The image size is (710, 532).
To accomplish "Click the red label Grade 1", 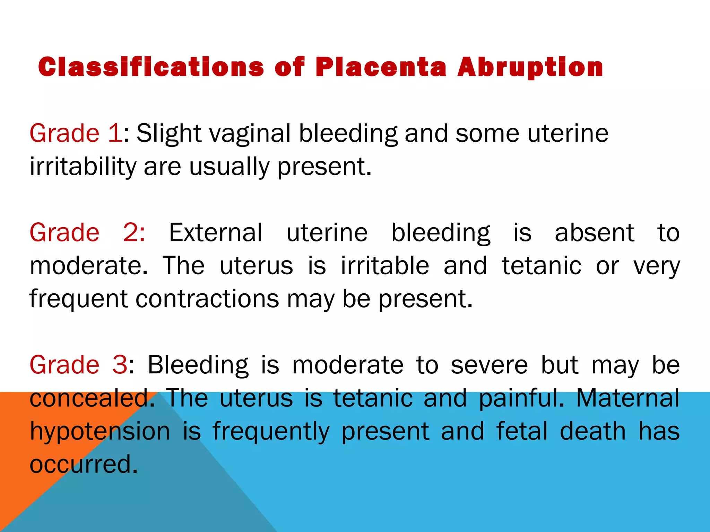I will pyautogui.click(x=76, y=133).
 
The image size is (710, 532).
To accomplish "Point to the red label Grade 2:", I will pyautogui.click(x=87, y=232).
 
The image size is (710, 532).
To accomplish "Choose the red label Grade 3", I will pyautogui.click(x=79, y=365).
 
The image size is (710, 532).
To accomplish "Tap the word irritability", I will pyautogui.click(x=83, y=167).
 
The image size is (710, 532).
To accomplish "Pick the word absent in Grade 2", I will pyautogui.click(x=594, y=232).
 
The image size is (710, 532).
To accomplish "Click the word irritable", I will pyautogui.click(x=385, y=266).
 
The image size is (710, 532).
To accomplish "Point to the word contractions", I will pyautogui.click(x=207, y=299).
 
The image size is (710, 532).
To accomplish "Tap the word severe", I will pyautogui.click(x=489, y=365).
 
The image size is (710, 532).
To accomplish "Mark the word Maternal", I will pyautogui.click(x=627, y=398).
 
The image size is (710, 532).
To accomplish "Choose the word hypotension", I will pyautogui.click(x=100, y=432).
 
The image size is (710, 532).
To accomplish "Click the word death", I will pyautogui.click(x=593, y=431).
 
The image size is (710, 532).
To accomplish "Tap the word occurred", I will pyautogui.click(x=83, y=464).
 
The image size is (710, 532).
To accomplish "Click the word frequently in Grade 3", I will pyautogui.click(x=271, y=432).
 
